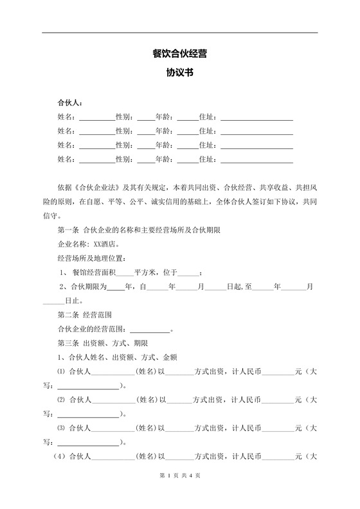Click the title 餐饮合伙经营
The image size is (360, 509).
[x=179, y=54]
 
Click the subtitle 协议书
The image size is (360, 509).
[x=179, y=73]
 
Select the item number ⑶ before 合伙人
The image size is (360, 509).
[x=62, y=428]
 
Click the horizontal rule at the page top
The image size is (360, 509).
[x=179, y=33]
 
